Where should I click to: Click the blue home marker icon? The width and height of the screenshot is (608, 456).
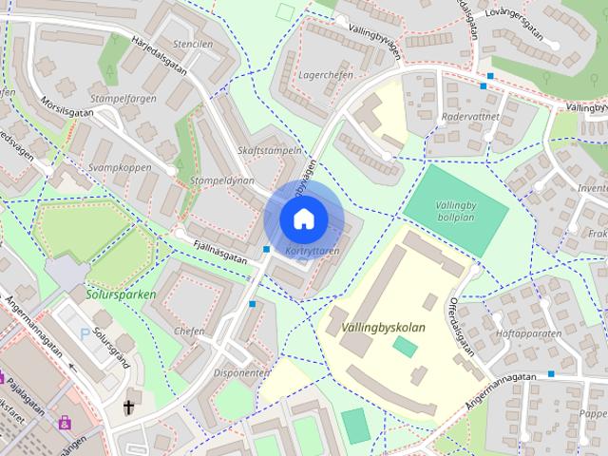[x=302, y=218]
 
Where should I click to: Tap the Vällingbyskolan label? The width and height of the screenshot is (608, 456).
[x=381, y=328]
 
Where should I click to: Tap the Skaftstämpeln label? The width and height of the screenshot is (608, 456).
[x=270, y=150]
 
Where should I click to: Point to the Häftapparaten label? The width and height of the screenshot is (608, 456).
[x=528, y=333]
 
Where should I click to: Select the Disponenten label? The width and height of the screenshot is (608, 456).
[x=243, y=373]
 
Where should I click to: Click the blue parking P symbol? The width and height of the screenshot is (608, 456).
[x=86, y=334]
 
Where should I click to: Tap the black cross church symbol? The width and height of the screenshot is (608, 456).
[x=128, y=408]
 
